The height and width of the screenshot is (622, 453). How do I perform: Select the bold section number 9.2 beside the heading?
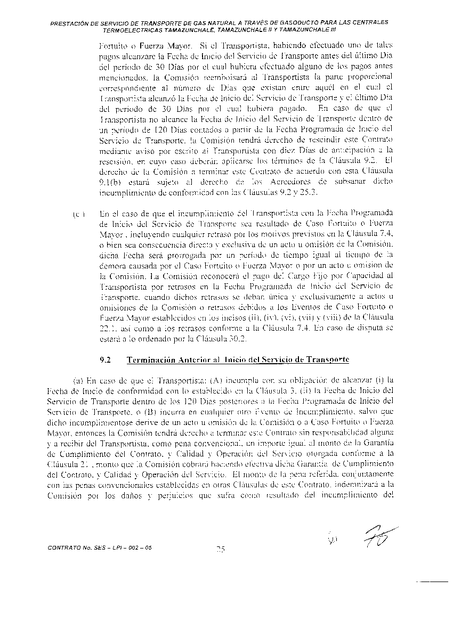point(106,360)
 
